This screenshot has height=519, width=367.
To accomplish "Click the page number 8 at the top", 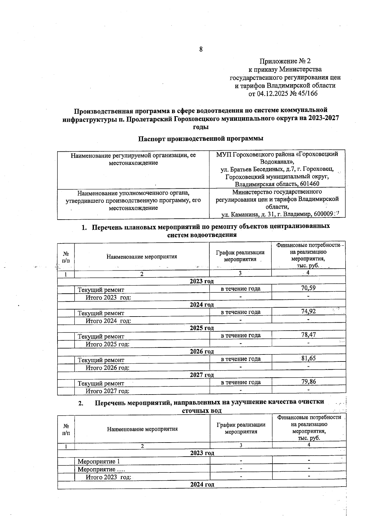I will coord(201,49).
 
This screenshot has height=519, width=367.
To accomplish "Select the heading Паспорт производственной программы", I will coord(201,139).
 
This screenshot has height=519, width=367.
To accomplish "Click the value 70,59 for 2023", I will coord(308,288).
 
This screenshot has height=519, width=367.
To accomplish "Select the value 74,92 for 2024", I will coord(308,311).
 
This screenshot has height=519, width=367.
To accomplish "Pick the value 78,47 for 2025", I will coord(308,335).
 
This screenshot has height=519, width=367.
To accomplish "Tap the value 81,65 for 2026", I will coord(308,358).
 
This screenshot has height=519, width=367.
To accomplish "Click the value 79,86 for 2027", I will coord(308,381).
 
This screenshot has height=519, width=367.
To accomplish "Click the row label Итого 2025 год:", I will coord(107,344).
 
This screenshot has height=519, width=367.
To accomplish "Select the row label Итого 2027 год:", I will coord(107,391).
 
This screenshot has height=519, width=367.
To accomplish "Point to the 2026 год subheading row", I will coord(202,351).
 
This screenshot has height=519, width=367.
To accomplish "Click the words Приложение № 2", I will coord(285,61).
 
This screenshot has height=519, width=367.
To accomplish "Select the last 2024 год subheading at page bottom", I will coord(202,484).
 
